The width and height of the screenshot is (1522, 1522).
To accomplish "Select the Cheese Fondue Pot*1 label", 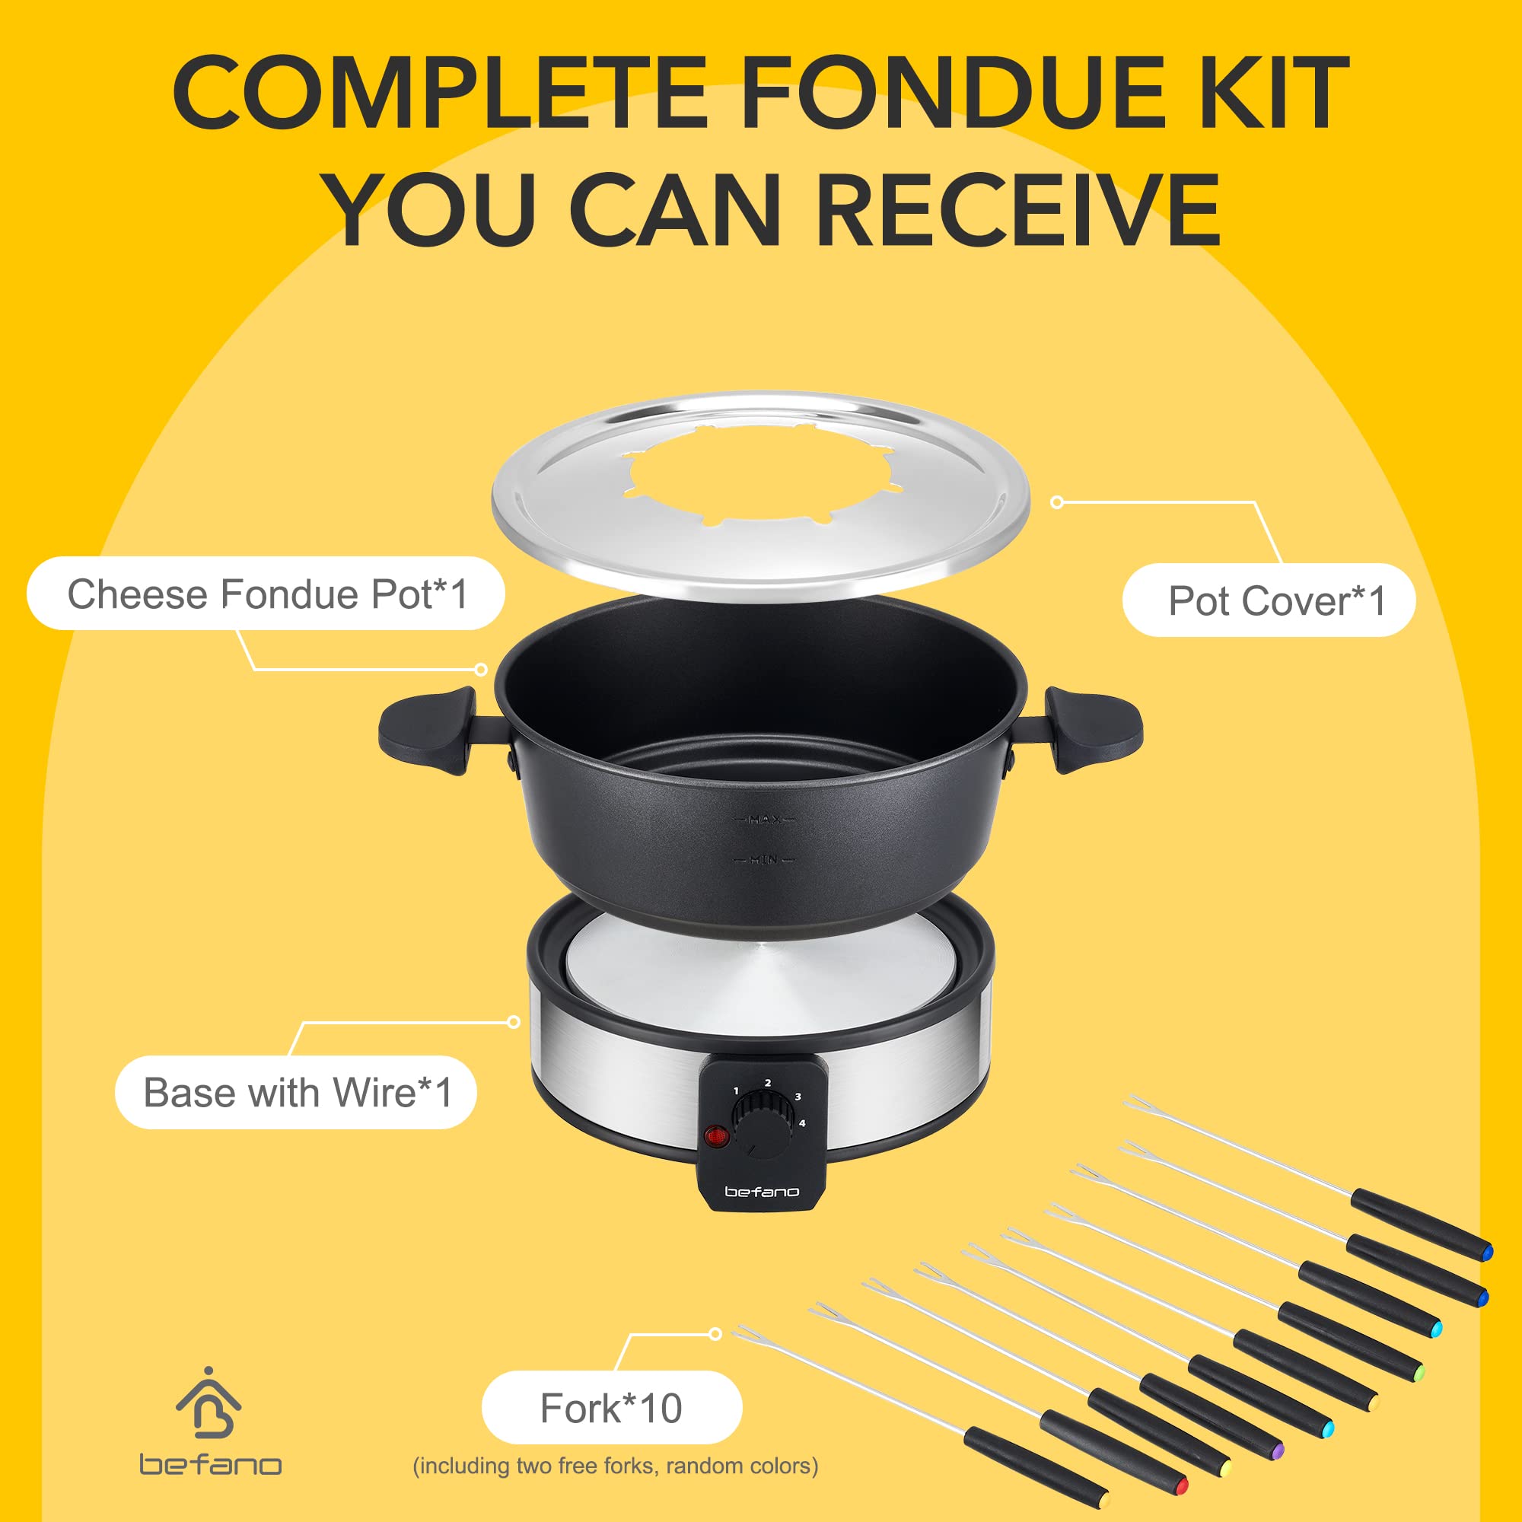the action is click(x=266, y=594).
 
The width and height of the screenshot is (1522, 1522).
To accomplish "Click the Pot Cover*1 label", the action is click(x=1269, y=600).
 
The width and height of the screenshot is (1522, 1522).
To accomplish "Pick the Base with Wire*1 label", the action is click(x=296, y=1092).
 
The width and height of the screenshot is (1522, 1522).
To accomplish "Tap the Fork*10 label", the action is click(x=611, y=1408).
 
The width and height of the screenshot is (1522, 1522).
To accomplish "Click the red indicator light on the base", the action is click(x=716, y=1136).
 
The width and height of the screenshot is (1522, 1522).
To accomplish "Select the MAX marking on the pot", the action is click(x=763, y=820).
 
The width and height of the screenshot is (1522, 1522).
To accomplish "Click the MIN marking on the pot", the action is click(x=763, y=859).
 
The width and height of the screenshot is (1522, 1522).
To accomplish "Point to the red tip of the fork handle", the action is click(x=1181, y=1486).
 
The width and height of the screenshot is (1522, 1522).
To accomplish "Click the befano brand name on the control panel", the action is click(x=762, y=1191).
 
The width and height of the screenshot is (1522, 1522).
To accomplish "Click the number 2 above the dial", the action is click(x=768, y=1082).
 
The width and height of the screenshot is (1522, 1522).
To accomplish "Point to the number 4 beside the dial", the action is click(x=802, y=1122).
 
